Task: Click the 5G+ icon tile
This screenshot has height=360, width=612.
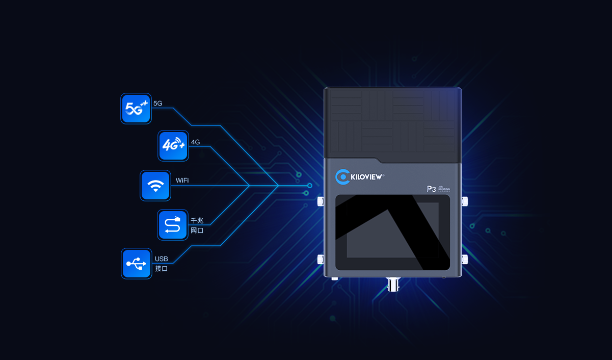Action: pos(136,108)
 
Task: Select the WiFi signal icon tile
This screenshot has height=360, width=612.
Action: pos(155,186)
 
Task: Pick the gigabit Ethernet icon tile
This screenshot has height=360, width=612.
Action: pos(173,224)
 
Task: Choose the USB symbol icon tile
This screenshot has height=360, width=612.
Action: pos(136,263)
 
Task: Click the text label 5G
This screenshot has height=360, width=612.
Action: pos(157,104)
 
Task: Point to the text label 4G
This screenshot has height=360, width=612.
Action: pos(195,142)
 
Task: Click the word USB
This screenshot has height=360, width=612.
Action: pos(161,259)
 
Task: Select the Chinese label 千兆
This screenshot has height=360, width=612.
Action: pos(197,221)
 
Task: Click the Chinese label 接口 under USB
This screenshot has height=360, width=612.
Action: pos(161,268)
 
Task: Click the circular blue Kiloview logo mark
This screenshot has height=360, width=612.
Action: pos(342,177)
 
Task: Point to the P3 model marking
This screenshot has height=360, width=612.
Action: pos(431,189)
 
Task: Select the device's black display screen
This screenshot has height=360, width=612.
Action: pos(392,232)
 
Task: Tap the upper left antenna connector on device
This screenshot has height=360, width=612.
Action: pos(321,201)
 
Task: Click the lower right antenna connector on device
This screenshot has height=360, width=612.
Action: pos(464,259)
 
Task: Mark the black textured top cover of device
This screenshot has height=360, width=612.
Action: pos(392,122)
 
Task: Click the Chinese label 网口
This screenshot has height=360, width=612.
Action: pos(197,230)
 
